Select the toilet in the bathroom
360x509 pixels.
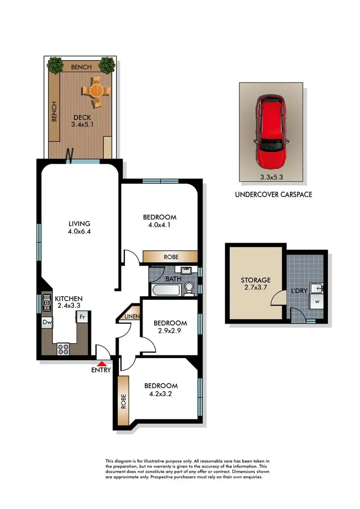(x=189, y=288)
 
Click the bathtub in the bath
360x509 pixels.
(x=166, y=290)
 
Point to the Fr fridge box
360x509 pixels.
(x=82, y=317)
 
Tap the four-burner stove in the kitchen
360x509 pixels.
(x=64, y=350)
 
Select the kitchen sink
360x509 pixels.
(x=47, y=303)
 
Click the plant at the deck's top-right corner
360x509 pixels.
(x=107, y=64)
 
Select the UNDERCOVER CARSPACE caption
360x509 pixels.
(x=273, y=194)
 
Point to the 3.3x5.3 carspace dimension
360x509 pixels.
(x=272, y=177)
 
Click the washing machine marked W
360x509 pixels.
(x=317, y=302)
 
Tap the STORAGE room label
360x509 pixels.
(x=256, y=280)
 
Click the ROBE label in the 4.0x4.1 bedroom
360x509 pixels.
(x=171, y=257)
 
